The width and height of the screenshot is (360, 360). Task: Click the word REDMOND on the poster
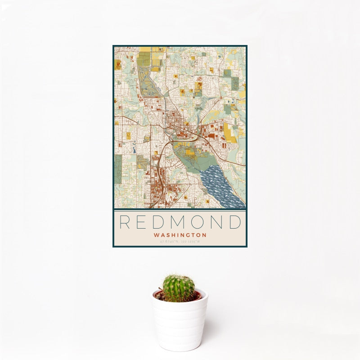[x=180, y=222]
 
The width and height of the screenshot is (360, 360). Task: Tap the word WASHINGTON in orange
[x=180, y=235]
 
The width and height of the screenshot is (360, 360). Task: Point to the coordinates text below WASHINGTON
[x=180, y=242]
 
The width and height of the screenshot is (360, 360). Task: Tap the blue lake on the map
[x=223, y=187]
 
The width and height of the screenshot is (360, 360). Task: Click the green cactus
[x=179, y=288]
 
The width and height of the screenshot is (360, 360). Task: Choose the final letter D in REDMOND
[x=235, y=222]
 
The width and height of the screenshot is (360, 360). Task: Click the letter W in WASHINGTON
[x=156, y=235]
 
